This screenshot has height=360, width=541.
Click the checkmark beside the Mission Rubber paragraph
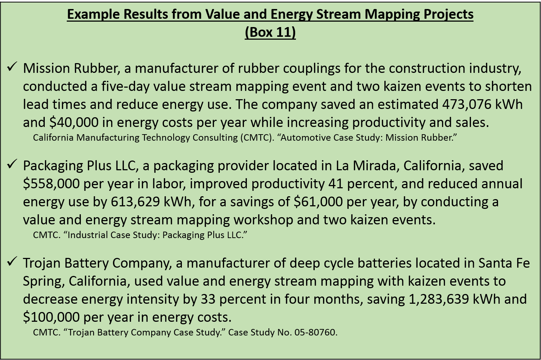pos(12,67)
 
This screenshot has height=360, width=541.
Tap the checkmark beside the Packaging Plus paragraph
pos(12,164)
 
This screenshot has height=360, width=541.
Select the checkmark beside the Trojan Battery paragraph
pos(12,262)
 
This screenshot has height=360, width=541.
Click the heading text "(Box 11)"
pos(270,32)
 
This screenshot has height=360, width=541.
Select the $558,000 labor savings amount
pos(51,184)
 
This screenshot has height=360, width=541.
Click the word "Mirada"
pos(376,166)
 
